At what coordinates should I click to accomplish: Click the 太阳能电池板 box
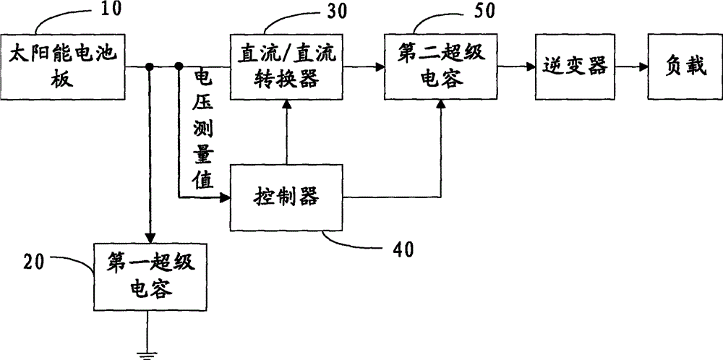coord(63,67)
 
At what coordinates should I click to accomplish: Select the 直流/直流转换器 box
coord(286,67)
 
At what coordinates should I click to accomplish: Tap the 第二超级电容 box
coord(441,67)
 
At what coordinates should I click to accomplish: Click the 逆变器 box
coord(575,67)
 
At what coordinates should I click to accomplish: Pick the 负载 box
coord(685,67)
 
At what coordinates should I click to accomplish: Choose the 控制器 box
coord(286,197)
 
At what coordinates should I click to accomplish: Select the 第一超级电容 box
coord(150,277)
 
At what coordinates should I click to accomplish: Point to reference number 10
coord(111,9)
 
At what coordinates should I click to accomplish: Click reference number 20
coord(34,262)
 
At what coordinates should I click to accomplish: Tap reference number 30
coord(337,12)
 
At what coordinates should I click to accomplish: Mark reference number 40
coord(402,249)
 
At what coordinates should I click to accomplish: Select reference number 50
coord(484,12)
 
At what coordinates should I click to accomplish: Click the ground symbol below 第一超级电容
coord(147,356)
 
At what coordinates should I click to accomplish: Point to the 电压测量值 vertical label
coord(205,129)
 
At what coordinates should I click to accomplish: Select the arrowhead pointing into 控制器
coord(225,198)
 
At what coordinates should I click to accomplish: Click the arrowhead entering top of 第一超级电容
coord(149,238)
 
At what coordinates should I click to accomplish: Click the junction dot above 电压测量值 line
coord(179,67)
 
